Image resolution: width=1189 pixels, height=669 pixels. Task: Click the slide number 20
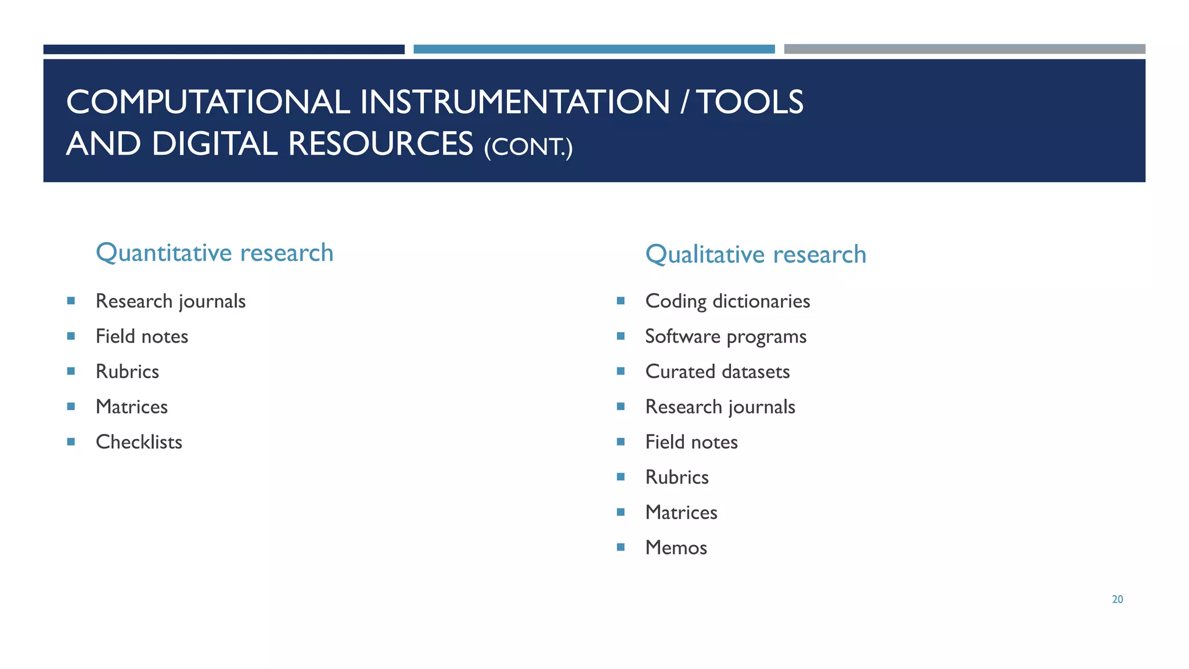1117,599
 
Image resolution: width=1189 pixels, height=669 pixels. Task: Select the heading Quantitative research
214,253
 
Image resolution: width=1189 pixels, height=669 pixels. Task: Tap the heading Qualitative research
755,254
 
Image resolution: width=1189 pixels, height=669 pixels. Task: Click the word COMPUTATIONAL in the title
208,102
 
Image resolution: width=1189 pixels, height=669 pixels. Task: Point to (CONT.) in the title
528,146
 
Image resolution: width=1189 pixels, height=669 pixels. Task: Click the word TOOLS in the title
750,102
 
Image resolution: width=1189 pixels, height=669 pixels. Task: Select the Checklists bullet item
139,442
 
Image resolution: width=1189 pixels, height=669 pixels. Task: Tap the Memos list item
676,548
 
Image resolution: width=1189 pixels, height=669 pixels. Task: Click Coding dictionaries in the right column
727,301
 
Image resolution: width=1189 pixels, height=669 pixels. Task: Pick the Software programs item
725,336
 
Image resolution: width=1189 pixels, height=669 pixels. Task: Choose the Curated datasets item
717,372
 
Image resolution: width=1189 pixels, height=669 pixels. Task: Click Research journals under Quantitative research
170,301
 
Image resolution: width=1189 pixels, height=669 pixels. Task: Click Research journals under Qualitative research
720,407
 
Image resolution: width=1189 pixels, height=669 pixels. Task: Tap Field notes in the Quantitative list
142,336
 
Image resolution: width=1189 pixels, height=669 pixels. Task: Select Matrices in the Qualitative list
681,512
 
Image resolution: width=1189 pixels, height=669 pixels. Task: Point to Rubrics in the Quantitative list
127,372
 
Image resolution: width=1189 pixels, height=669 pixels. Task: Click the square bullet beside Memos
621,547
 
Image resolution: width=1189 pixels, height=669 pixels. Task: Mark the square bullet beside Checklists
71,441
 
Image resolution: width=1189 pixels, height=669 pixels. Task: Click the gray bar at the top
964,49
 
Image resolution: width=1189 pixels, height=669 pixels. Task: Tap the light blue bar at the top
593,49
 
